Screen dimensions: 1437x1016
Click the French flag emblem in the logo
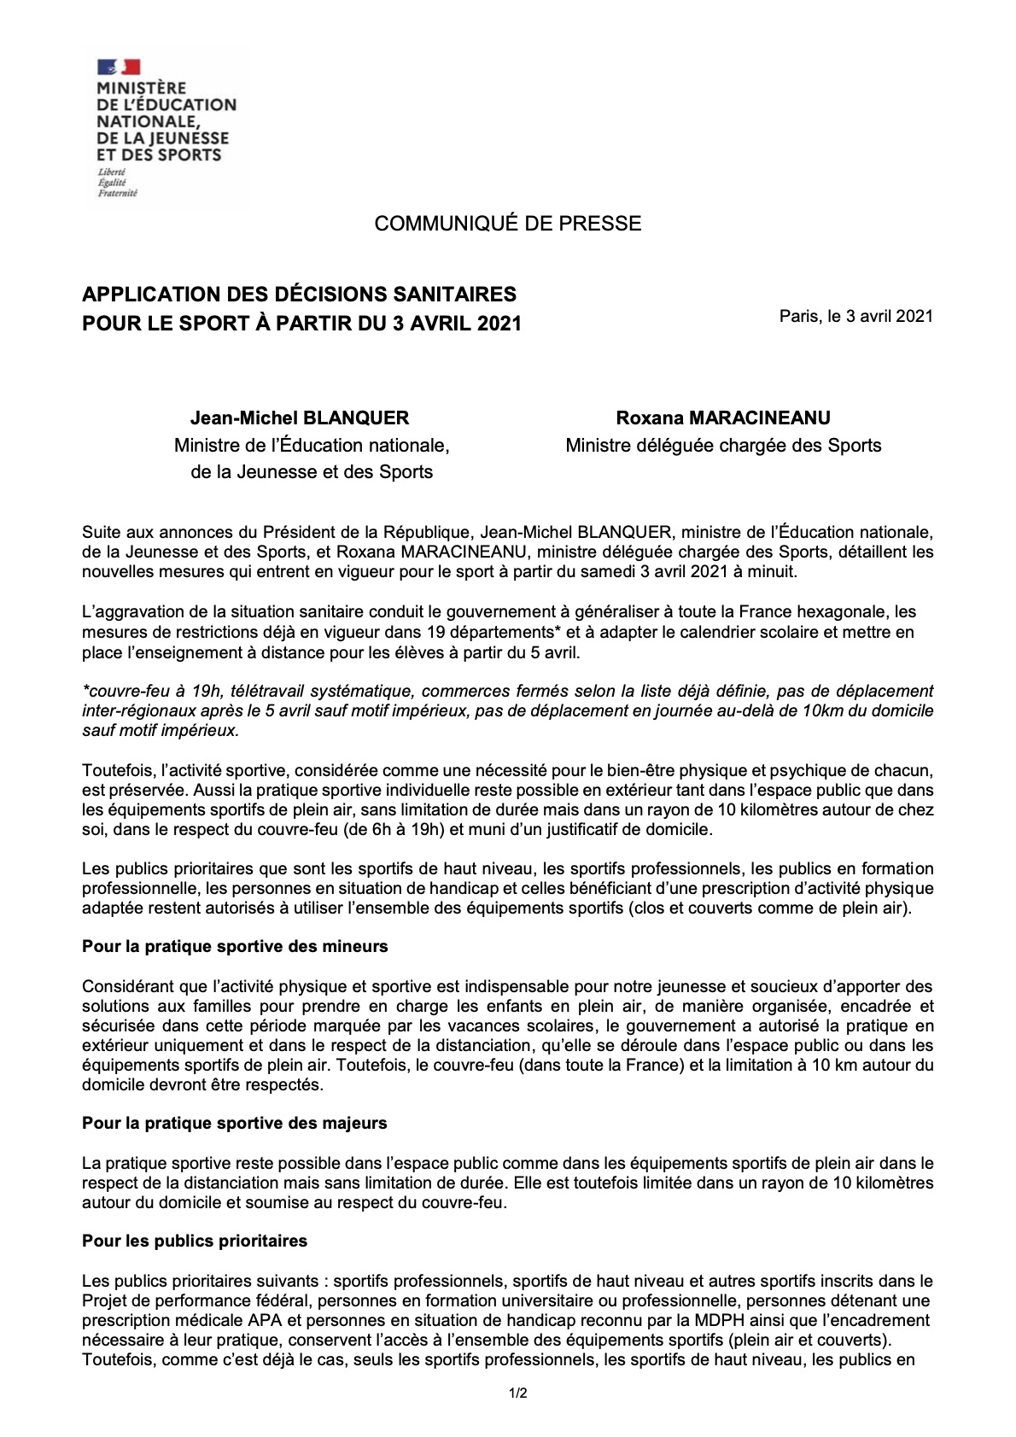click(x=119, y=67)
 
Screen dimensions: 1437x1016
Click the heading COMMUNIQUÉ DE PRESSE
click(x=507, y=224)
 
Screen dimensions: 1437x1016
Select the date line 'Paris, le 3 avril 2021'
click(x=855, y=316)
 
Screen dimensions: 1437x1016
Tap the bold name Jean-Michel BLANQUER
click(x=300, y=418)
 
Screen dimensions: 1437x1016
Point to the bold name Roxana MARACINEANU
click(x=723, y=418)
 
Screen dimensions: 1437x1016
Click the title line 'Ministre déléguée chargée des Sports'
click(x=723, y=446)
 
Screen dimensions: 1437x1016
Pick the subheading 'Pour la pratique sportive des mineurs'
click(x=235, y=947)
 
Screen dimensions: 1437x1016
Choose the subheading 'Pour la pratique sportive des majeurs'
click(x=234, y=1124)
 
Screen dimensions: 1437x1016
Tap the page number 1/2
click(x=518, y=1394)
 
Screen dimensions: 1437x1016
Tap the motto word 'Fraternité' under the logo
click(x=117, y=194)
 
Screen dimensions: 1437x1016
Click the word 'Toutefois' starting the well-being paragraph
click(x=116, y=770)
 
